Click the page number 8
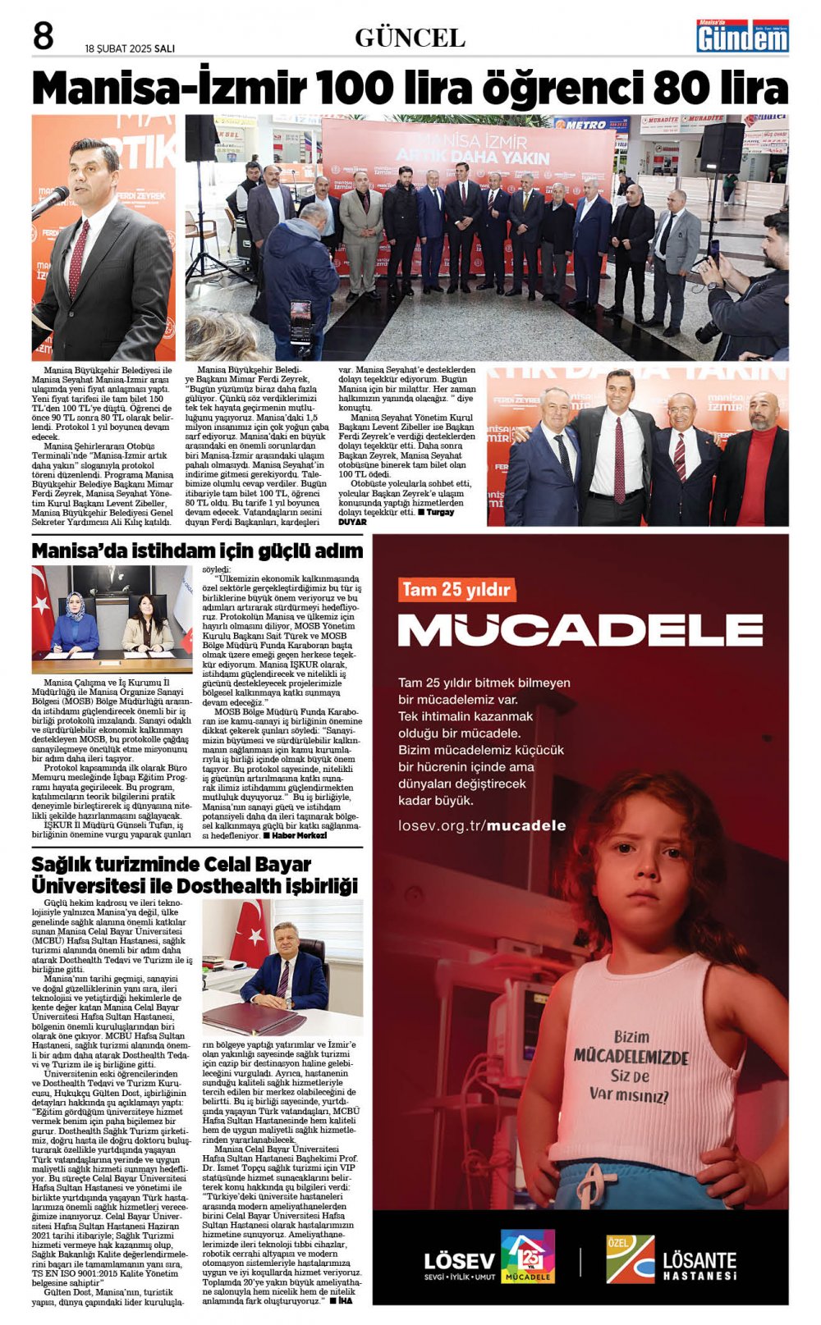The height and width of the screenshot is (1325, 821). pyautogui.click(x=43, y=37)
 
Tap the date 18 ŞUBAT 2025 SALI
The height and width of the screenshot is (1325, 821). pyautogui.click(x=130, y=48)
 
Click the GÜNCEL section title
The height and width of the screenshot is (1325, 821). pyautogui.click(x=410, y=38)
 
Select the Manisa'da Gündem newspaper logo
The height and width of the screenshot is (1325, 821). pyautogui.click(x=742, y=36)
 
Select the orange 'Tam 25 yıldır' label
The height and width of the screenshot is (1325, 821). pyautogui.click(x=456, y=590)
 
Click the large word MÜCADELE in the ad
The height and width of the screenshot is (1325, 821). pyautogui.click(x=580, y=630)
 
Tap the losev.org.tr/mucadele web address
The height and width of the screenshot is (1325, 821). pyautogui.click(x=482, y=825)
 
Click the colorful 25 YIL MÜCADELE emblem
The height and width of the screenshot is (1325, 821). pyautogui.click(x=527, y=1256)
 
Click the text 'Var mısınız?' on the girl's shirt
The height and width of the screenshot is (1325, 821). pyautogui.click(x=628, y=1094)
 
